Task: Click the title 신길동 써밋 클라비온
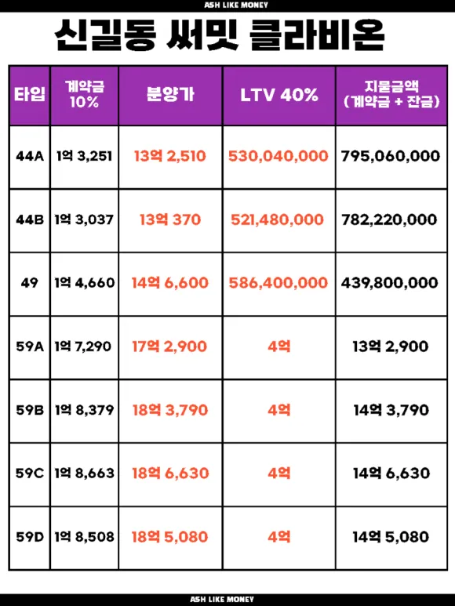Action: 220,35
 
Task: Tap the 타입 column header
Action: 30,95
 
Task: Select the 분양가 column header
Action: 170,94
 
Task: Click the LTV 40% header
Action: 279,95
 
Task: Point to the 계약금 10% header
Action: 84,94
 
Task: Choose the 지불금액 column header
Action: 391,94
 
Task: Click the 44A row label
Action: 30,156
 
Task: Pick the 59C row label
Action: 30,474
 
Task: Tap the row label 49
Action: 30,283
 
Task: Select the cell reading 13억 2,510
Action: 170,156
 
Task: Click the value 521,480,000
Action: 277,220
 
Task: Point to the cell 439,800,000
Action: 390,283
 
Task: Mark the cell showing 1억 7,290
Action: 83,347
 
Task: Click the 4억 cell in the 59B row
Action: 279,410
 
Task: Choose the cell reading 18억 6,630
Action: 170,474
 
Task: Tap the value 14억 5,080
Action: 391,537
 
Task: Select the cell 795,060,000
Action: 391,156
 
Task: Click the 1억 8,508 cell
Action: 84,537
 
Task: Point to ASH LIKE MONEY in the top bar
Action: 236,5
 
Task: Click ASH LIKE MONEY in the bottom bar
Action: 222,600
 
